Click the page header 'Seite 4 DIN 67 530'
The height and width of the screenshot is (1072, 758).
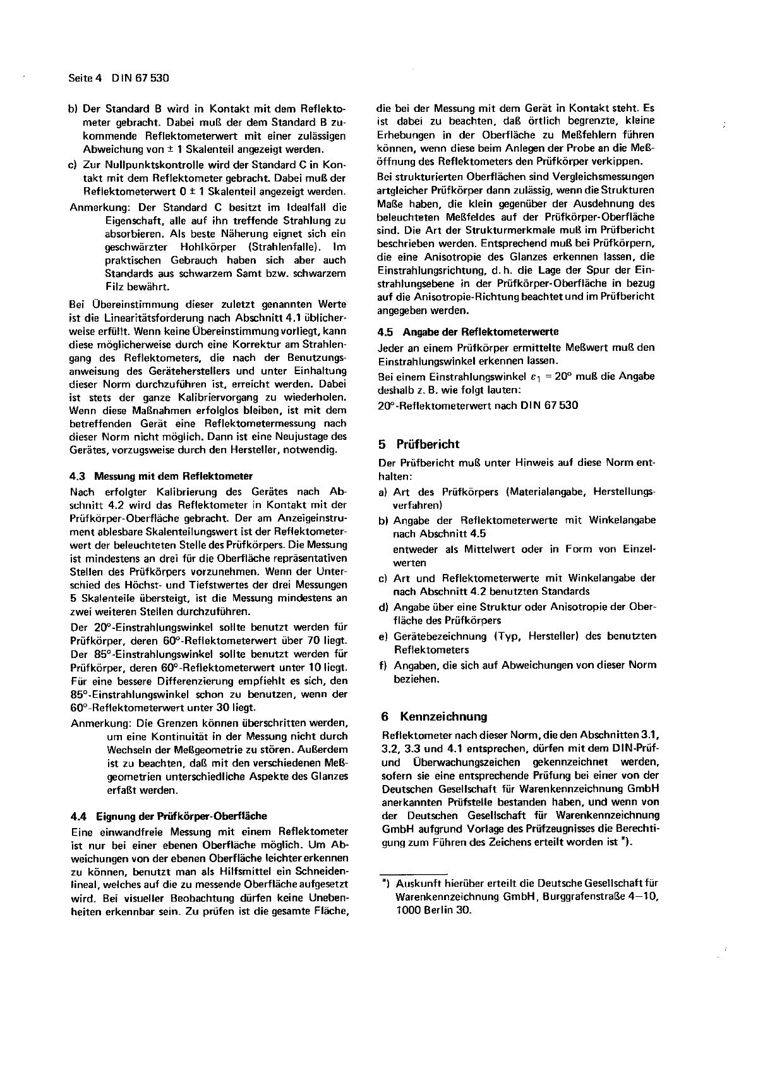pyautogui.click(x=118, y=78)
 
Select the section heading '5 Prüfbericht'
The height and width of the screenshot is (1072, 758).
pyautogui.click(x=419, y=444)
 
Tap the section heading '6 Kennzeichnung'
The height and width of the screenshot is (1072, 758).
pyautogui.click(x=434, y=716)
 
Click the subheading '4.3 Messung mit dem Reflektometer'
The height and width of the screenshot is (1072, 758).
pyautogui.click(x=161, y=476)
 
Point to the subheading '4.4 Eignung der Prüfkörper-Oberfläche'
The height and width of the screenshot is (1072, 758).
pyautogui.click(x=169, y=815)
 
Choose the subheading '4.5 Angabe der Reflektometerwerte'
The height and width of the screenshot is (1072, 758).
pyautogui.click(x=468, y=332)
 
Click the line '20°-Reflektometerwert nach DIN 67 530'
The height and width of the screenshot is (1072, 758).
pyautogui.click(x=478, y=405)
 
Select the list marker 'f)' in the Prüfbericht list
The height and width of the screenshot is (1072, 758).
pyautogui.click(x=382, y=665)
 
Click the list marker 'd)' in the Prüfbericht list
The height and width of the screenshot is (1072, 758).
pyautogui.click(x=383, y=607)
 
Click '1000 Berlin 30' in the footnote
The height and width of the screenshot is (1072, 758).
pyautogui.click(x=433, y=910)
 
